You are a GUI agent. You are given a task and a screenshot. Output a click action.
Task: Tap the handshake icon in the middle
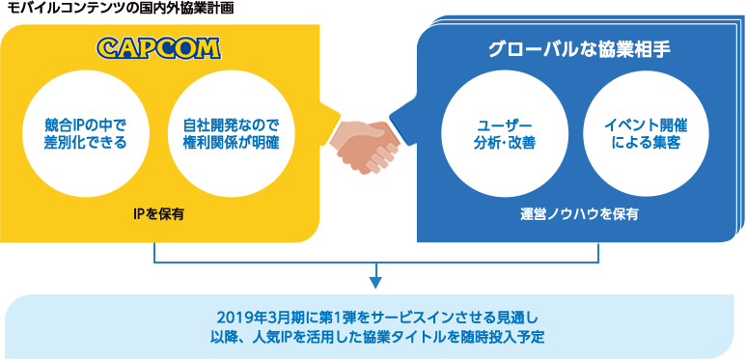[x=371, y=146]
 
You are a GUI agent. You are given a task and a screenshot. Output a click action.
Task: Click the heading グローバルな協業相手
[x=573, y=48]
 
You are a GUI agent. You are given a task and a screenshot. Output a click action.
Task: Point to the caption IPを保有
[x=159, y=211]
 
